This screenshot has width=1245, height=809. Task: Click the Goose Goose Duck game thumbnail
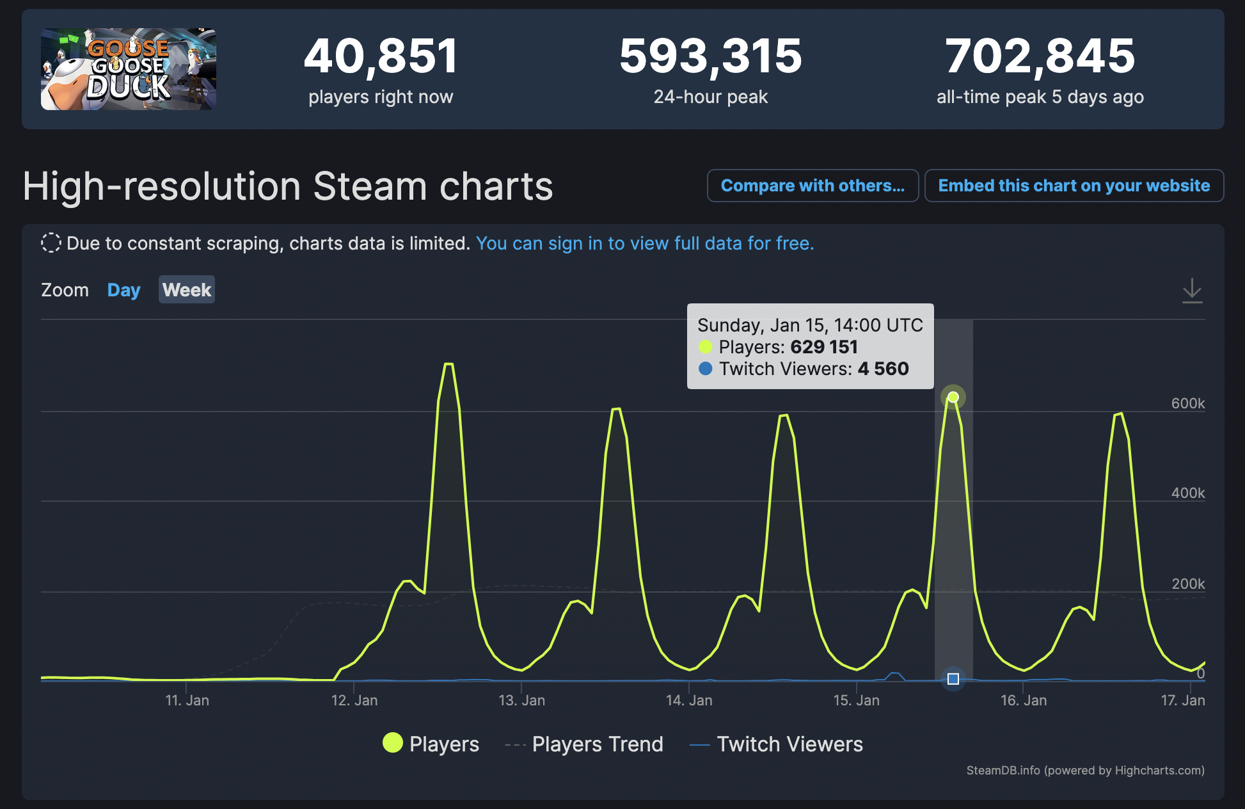129,69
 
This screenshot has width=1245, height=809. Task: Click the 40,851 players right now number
381,56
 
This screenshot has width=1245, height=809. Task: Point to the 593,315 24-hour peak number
710,56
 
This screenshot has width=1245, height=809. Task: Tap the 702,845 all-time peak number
1040,56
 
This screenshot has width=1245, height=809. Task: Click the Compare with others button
813,186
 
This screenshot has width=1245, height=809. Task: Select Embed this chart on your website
1074,186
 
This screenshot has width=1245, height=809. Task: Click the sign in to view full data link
644,243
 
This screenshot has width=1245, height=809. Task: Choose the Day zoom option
123,290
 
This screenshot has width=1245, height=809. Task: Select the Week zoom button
186,290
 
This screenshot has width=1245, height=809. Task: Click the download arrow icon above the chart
1192,291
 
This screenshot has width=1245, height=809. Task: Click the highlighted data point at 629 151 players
953,397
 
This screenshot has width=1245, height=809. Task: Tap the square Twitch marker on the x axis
953,679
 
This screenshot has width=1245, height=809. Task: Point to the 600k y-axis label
1187,403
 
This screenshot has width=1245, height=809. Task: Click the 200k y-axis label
1187,584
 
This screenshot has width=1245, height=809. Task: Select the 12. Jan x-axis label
354,700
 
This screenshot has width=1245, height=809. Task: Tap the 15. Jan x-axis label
856,700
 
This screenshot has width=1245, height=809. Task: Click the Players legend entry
431,744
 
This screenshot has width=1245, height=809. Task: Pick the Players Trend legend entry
584,744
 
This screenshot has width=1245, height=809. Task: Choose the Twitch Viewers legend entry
777,744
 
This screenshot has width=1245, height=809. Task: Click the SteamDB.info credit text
1085,770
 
